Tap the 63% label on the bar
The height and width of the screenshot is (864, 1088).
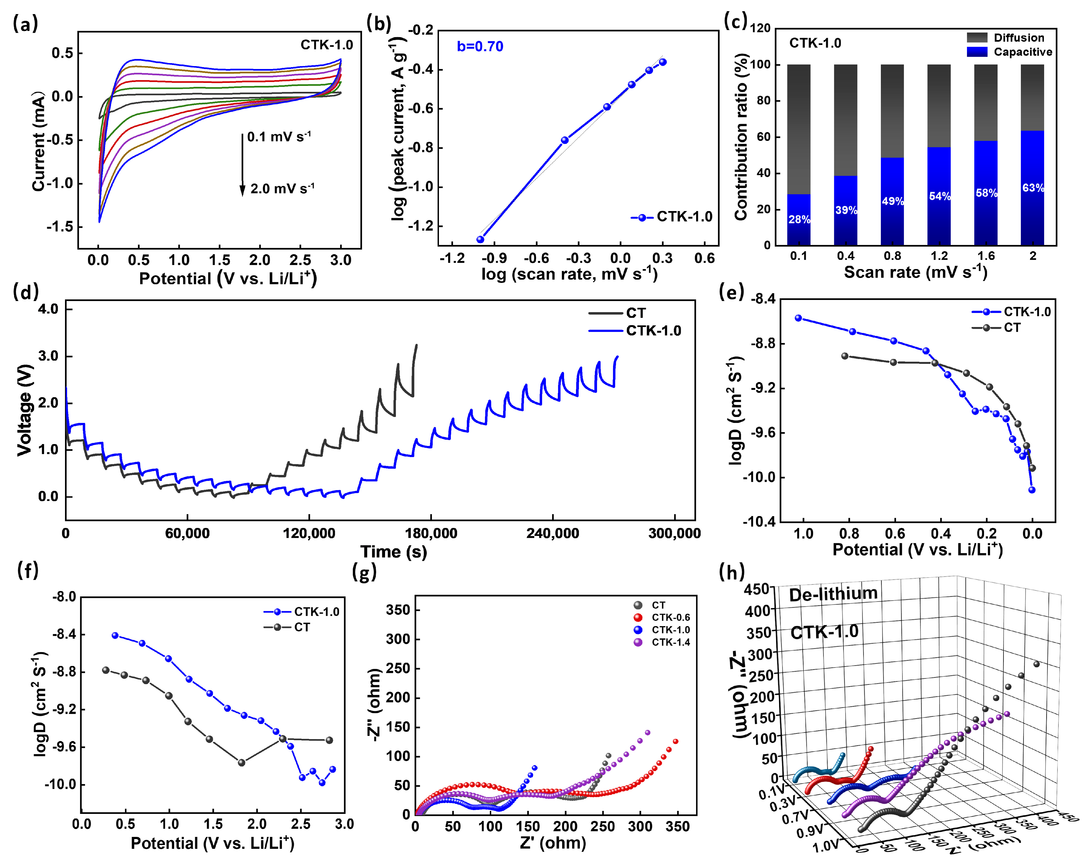(1032, 188)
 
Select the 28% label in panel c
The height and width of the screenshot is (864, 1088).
(799, 219)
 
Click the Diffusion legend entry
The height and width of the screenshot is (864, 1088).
(1018, 38)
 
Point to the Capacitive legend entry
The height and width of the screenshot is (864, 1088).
(1022, 52)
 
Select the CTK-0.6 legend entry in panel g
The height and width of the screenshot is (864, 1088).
(670, 617)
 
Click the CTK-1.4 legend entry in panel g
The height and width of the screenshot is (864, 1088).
(670, 642)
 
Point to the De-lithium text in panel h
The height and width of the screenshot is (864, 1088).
(833, 594)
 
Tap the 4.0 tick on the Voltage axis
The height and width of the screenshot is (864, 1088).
(48, 309)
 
